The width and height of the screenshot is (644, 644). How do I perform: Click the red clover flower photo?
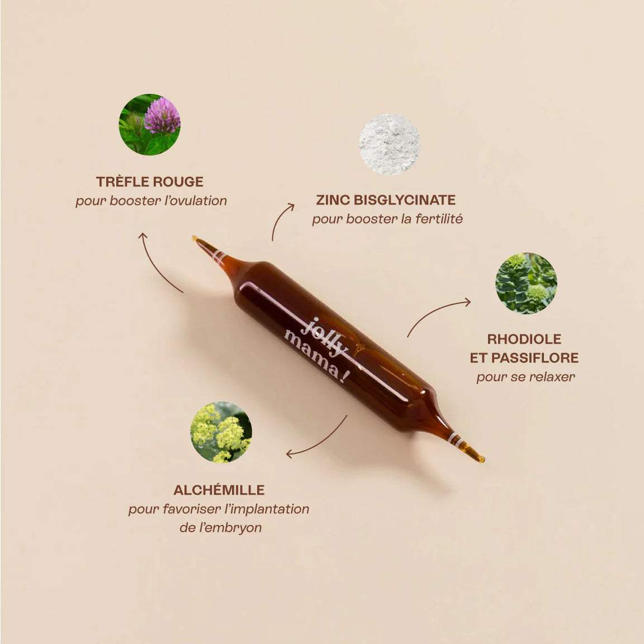149,124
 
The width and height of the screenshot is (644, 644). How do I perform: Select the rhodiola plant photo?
526,283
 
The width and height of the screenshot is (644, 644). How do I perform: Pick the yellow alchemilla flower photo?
222,432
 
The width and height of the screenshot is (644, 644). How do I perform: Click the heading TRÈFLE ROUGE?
150,182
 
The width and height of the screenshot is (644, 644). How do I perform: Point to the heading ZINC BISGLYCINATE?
386,200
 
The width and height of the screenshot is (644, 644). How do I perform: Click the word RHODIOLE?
524,339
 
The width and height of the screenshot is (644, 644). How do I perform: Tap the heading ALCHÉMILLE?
219,490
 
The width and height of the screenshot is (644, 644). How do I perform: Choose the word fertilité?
439,219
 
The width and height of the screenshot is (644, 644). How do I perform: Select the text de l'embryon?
221,528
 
